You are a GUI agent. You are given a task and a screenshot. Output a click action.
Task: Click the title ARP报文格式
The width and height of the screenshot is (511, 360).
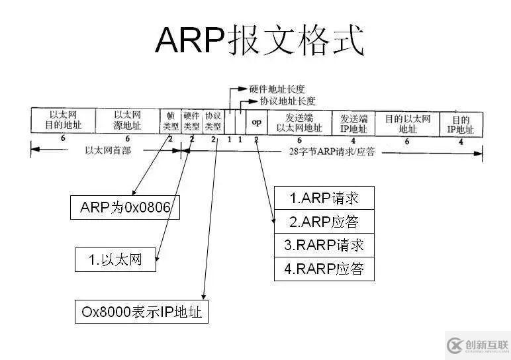coord(259,41)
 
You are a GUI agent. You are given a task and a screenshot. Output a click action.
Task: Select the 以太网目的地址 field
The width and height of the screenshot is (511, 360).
coord(64,120)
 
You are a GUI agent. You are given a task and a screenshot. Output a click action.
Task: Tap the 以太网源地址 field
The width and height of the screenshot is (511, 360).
coord(127,120)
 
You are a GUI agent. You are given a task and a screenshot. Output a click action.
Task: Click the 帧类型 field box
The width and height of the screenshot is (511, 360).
coord(171,120)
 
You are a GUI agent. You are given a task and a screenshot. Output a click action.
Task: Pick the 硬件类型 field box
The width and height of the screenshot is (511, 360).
coord(191,120)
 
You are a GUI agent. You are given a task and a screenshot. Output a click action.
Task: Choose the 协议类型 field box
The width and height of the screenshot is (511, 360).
coord(213,120)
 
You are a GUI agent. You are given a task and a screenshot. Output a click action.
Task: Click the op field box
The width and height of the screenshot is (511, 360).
coord(256,121)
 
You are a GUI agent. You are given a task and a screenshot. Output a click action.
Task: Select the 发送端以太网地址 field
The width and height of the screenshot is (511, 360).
coord(299,121)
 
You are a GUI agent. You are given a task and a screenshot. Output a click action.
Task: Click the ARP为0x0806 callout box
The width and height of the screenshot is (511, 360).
coord(126,208)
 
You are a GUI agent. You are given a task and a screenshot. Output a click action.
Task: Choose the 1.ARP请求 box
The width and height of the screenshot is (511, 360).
coord(324,197)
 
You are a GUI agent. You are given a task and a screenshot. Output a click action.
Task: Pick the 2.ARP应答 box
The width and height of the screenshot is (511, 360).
coord(324,221)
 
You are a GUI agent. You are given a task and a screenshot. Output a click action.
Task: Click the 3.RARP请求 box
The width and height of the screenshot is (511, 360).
coord(324,245)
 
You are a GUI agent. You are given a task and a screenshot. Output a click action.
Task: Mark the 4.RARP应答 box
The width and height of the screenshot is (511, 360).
coord(324,269)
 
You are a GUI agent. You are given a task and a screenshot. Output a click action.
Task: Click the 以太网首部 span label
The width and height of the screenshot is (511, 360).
coord(108,150)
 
